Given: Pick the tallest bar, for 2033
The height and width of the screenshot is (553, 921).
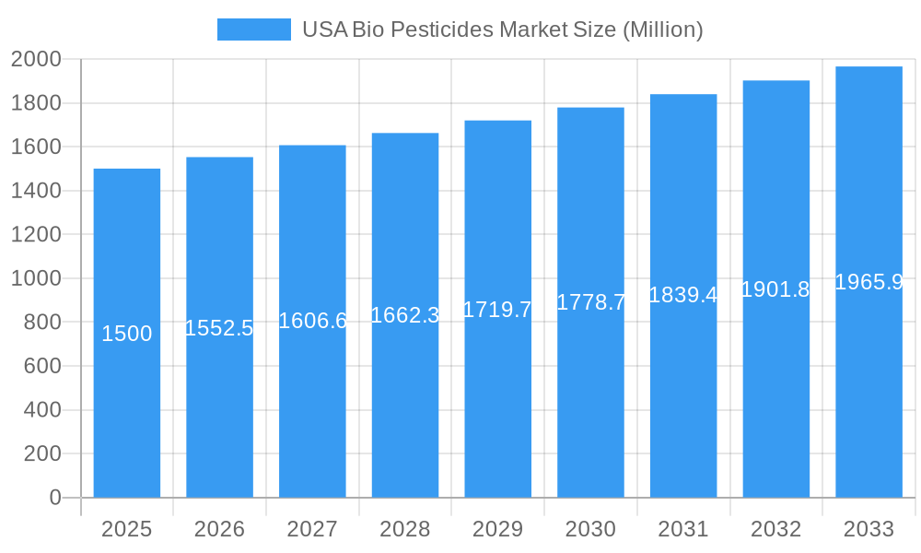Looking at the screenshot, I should coord(869,387).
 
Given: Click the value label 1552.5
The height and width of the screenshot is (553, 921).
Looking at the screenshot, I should coord(219,328).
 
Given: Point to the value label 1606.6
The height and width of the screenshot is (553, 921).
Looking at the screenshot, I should coord(312,321).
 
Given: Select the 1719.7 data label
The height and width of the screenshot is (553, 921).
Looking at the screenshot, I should coord(497,310).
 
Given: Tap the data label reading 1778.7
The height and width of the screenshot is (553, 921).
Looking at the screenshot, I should coord(590,302).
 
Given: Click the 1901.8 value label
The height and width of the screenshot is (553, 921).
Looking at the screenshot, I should coord(775,289).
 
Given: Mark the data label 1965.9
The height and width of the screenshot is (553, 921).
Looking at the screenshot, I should coord(869,282).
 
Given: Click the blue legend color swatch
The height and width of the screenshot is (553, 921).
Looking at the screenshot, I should coord(253,29).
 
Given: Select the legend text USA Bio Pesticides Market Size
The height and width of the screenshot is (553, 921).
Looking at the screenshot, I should coord(503,29).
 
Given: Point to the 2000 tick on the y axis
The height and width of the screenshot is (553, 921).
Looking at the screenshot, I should coord(36,60).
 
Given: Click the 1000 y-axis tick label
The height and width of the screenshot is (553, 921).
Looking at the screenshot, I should coord(36,278).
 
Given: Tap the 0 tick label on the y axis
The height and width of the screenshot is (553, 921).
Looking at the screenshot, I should coord(54,498).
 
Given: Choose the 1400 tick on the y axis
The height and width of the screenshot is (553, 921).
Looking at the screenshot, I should coord(36,191).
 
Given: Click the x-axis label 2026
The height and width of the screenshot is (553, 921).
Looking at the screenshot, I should coord(219,529).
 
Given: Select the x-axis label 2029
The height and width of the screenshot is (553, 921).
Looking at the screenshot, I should coord(497,529).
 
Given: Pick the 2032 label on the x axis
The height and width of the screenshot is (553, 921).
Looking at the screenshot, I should coord(775,529).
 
